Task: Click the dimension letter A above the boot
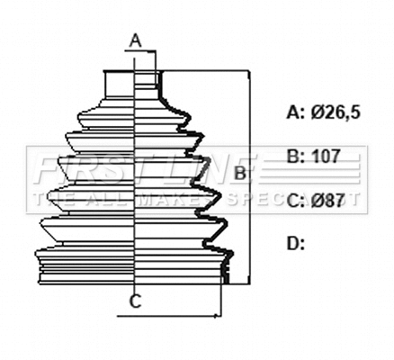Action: tap(134, 40)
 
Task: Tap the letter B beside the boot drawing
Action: tap(239, 171)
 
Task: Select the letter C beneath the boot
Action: tap(134, 301)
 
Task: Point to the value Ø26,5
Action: tap(336, 112)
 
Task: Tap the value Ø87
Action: tap(329, 200)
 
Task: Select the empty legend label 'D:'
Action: tap(296, 243)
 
